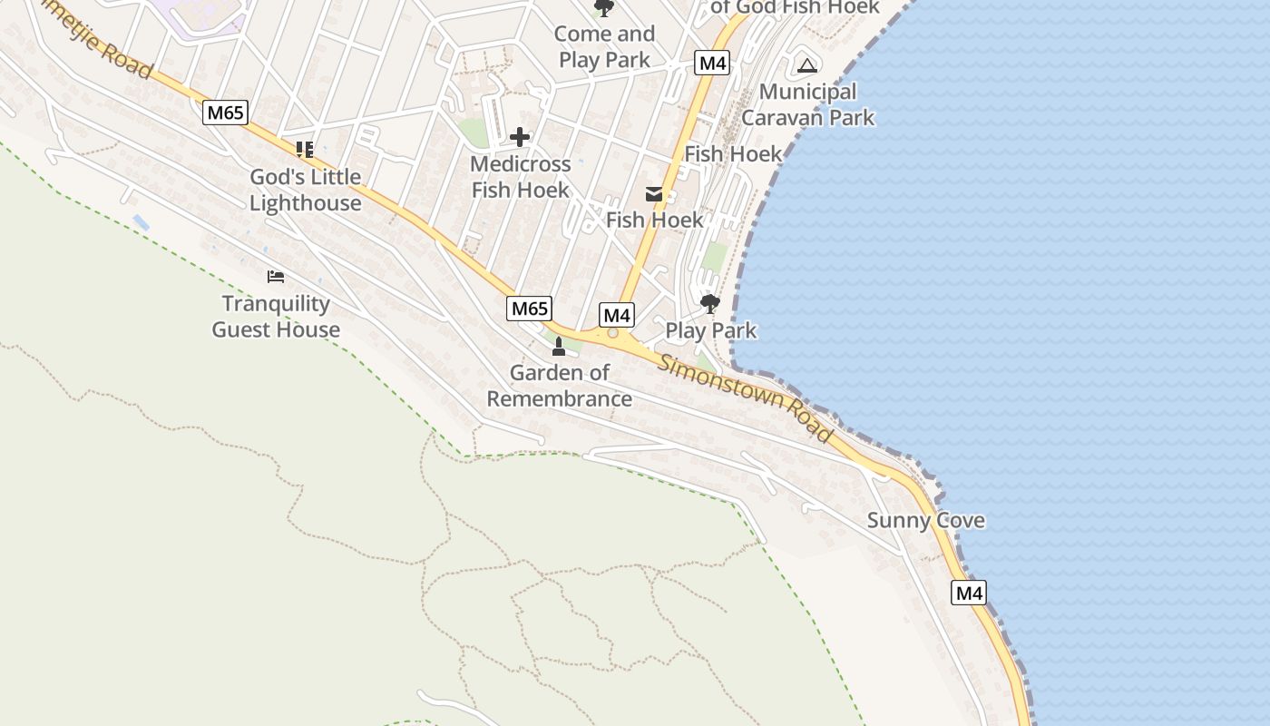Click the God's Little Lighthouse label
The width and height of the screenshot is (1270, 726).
point(305,190)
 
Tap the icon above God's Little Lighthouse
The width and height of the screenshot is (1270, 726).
point(305,149)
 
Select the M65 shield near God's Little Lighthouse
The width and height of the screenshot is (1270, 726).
point(224,113)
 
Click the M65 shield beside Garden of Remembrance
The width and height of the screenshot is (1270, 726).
point(529,309)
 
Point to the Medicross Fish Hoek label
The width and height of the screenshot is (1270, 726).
point(521,177)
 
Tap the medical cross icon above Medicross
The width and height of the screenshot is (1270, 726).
point(520,137)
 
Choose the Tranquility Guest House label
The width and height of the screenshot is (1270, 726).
point(276,317)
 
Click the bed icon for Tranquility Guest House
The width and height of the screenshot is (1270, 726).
point(276,276)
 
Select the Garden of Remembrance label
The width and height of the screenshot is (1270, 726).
point(560,386)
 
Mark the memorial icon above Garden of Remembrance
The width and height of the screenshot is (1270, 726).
point(559,347)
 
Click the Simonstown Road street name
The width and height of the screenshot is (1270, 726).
point(746,399)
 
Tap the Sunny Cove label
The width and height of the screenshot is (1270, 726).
point(925,521)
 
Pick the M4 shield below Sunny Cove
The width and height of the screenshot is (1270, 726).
point(969,594)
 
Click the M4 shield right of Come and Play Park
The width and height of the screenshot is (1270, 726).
point(712,63)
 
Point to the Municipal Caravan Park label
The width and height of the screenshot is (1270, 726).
point(807,104)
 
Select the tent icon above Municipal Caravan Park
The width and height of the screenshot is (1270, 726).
point(806,65)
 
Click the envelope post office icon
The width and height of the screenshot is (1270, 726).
point(654,193)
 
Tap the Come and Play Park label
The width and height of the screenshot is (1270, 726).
point(604,47)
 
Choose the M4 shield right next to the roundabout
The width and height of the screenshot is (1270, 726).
point(617,315)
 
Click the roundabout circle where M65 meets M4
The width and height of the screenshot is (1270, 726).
point(613,334)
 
